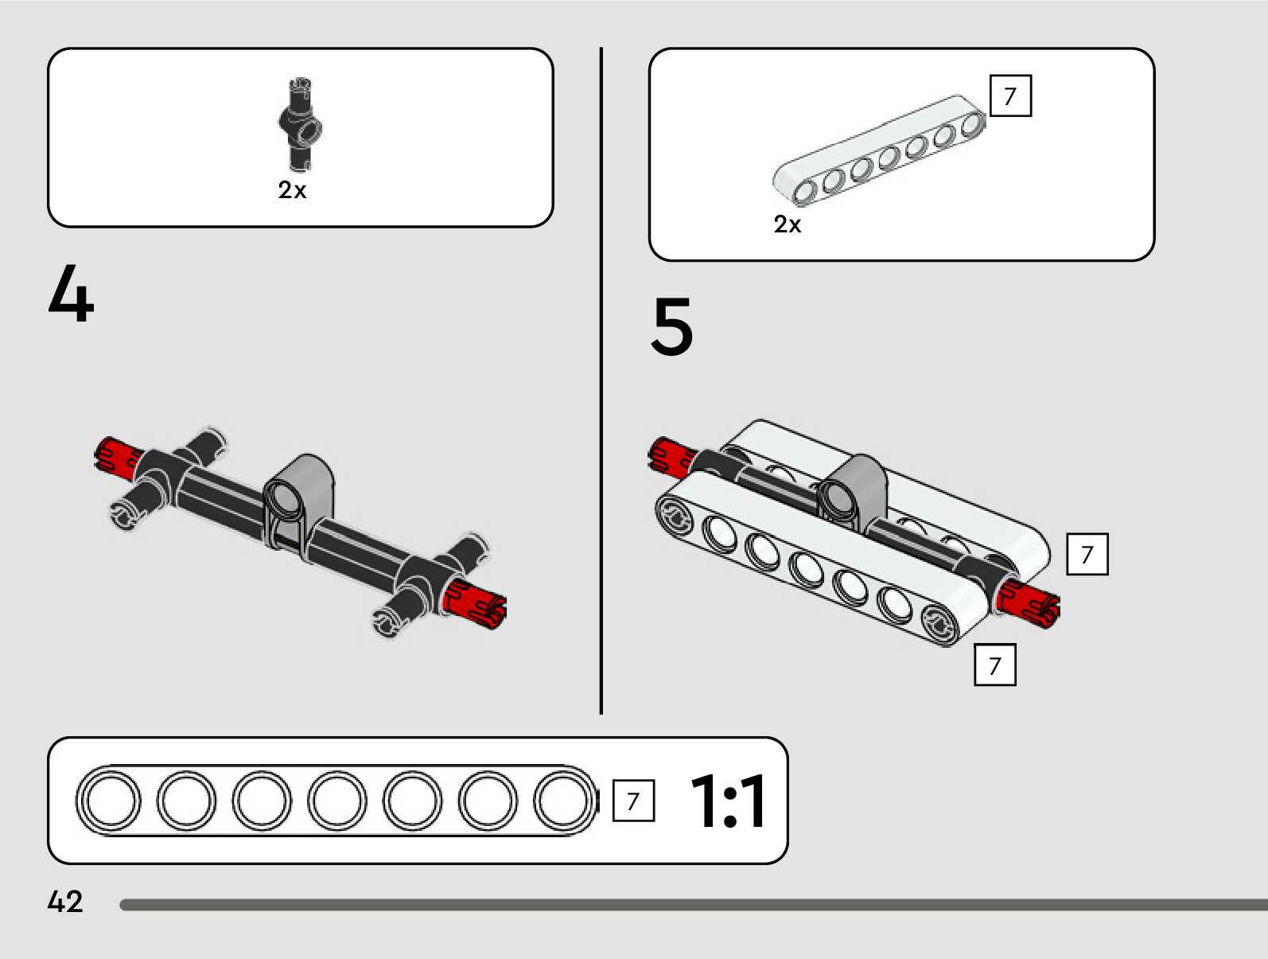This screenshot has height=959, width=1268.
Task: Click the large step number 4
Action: click(x=71, y=294)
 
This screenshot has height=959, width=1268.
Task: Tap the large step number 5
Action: click(x=672, y=326)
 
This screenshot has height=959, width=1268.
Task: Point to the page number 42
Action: click(x=64, y=902)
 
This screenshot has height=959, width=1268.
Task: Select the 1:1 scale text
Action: click(x=728, y=801)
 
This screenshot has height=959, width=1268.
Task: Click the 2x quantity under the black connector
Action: click(x=292, y=190)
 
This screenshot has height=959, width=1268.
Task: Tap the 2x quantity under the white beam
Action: click(x=787, y=224)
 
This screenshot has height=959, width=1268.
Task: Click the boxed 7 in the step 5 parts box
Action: click(x=1010, y=96)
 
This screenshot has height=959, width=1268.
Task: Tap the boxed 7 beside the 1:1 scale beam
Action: click(x=633, y=801)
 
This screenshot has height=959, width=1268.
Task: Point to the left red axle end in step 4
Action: click(x=116, y=457)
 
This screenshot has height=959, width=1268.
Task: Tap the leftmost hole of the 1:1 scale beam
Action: click(x=111, y=801)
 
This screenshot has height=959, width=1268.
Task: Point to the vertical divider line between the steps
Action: click(x=601, y=382)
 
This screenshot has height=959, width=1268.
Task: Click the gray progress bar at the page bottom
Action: click(x=692, y=905)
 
